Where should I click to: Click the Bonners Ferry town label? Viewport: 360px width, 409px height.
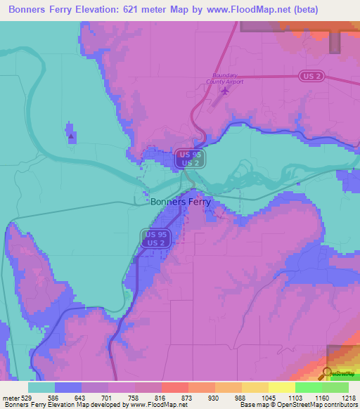[x=180, y=201]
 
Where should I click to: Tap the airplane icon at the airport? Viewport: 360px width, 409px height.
[x=225, y=91]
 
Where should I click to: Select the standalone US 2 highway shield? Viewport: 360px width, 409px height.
[x=309, y=75]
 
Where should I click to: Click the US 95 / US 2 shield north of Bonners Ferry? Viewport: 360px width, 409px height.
[x=188, y=158]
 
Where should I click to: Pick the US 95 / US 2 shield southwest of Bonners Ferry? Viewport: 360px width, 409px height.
[x=156, y=238]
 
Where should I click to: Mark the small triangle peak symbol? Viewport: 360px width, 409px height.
[x=70, y=138]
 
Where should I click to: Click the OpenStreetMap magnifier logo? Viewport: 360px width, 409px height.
[x=327, y=373]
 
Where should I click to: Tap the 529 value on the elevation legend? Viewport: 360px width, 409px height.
[x=26, y=398]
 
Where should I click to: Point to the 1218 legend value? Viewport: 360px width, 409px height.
[x=349, y=398]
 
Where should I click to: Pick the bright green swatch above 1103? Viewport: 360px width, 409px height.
[x=308, y=387]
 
